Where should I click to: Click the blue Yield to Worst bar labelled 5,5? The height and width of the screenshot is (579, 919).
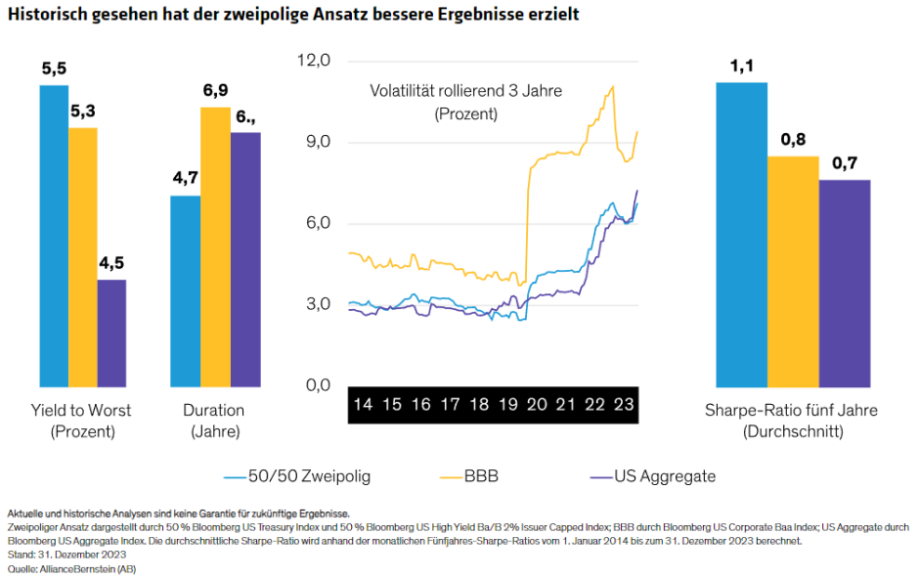click(54, 235)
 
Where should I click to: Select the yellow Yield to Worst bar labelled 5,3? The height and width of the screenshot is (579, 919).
click(83, 256)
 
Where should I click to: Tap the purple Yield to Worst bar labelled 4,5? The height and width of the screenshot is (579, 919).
click(111, 333)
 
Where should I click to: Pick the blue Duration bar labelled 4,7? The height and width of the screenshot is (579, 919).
click(185, 290)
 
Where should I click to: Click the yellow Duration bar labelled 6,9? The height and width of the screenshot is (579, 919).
click(215, 245)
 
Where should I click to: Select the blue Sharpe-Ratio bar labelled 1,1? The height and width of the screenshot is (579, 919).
click(741, 235)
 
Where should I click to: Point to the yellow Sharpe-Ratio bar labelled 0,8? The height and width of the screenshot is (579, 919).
click(793, 271)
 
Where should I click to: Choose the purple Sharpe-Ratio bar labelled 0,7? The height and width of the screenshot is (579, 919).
click(845, 283)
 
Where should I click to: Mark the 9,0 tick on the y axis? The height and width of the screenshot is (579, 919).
click(318, 142)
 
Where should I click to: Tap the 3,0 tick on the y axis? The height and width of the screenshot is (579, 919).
click(318, 304)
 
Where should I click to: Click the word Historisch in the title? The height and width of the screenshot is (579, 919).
click(45, 16)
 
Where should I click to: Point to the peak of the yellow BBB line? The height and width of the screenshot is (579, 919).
click(612, 86)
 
